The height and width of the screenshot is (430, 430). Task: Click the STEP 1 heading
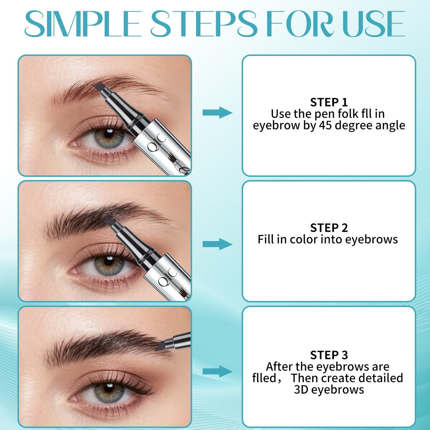click(329, 102)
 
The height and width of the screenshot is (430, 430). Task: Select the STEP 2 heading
click(329, 228)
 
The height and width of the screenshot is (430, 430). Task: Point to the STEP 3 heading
click(329, 355)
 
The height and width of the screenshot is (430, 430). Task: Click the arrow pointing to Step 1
click(217, 112)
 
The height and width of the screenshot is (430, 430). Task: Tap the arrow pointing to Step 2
click(217, 244)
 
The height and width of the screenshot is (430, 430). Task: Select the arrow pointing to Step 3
click(217, 371)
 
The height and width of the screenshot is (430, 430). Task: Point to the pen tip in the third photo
click(160, 346)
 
